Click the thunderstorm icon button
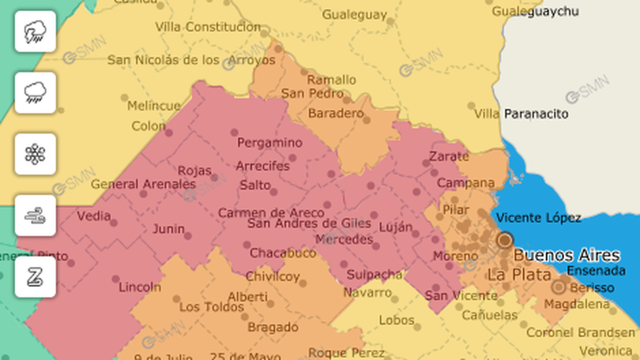[35, 31]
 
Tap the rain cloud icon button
[35, 93]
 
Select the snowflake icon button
[35, 154]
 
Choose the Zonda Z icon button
[35, 277]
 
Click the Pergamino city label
[269, 143]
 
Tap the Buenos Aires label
[566, 255]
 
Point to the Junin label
[169, 229]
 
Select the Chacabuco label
[283, 253]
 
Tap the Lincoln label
[139, 287]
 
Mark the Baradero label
[336, 113]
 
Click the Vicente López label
[538, 218]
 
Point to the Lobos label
[396, 320]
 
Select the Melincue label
[154, 106]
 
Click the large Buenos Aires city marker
[505, 240]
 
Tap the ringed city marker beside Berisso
[558, 287]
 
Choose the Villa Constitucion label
[208, 27]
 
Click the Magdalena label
[577, 304]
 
